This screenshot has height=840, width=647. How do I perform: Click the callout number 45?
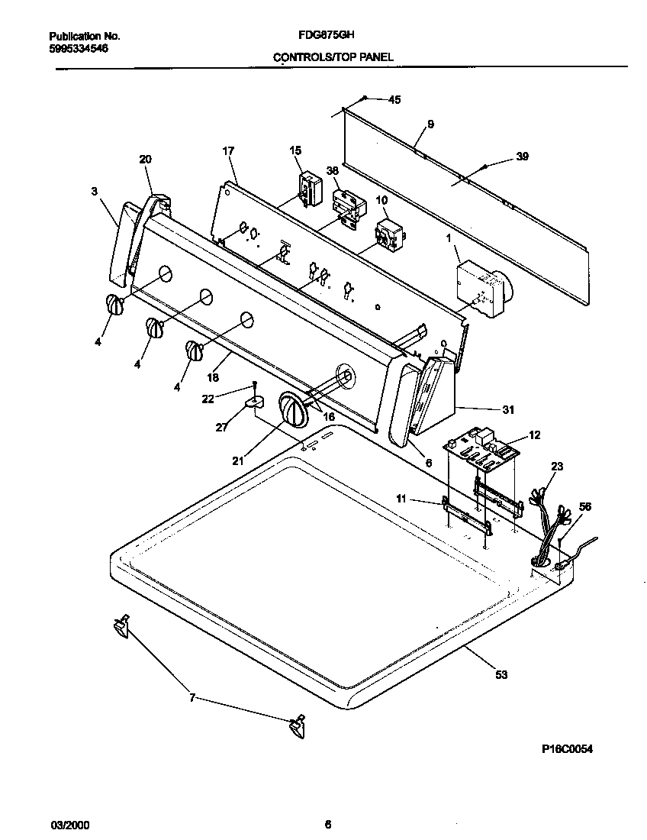[394, 99]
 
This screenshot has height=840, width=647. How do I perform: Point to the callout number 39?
[522, 157]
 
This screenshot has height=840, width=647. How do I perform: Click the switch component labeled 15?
[308, 189]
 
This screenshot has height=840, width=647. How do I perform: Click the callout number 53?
[501, 674]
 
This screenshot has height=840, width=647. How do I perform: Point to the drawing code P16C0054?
[566, 749]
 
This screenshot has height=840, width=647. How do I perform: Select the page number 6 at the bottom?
[328, 824]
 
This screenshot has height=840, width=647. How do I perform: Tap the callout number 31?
[508, 409]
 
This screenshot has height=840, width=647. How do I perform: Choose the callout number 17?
[227, 150]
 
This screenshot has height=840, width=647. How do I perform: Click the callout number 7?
[192, 697]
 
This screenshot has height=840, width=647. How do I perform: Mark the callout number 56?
[585, 506]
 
